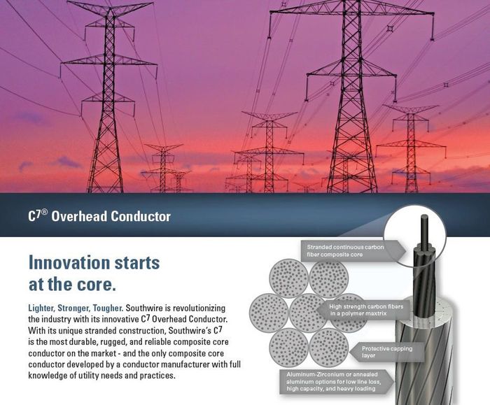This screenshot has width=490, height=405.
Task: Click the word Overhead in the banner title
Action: click(78, 216)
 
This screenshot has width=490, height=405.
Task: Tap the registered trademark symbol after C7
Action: click(44, 212)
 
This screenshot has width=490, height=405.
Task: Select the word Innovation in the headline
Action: click(69, 262)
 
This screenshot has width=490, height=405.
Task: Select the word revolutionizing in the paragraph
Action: click(199, 308)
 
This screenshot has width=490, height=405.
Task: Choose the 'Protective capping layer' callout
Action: click(387, 352)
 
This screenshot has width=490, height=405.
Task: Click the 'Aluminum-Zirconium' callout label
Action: click(336, 381)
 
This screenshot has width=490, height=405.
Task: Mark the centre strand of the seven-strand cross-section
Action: click(309, 313)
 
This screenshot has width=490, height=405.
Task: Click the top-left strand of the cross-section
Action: click(288, 278)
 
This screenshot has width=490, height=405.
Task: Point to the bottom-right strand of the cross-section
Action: click(329, 347)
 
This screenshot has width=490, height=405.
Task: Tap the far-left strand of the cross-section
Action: click(269, 313)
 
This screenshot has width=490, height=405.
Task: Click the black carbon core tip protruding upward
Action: click(425, 218)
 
